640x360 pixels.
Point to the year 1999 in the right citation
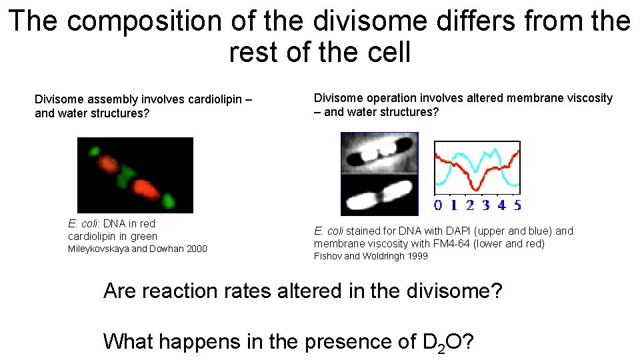pyautogui.click(x=416, y=256)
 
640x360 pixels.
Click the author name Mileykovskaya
pyautogui.click(x=98, y=249)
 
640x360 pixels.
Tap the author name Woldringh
pyautogui.click(x=378, y=256)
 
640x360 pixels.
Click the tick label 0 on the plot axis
pyautogui.click(x=438, y=205)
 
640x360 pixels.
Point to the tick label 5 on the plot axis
pyautogui.click(x=517, y=205)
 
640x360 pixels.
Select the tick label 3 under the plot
pyautogui.click(x=486, y=205)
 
